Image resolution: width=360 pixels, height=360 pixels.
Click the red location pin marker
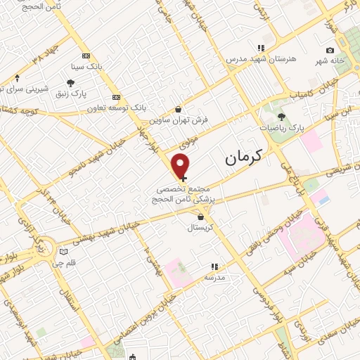181,165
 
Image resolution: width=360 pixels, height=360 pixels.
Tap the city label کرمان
243,158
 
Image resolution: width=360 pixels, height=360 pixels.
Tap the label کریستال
202,229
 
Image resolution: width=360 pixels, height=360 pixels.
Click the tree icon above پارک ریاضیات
281,117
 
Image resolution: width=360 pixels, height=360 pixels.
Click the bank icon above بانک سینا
86,56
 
